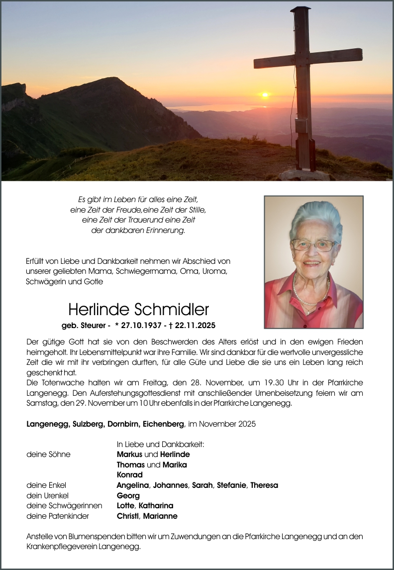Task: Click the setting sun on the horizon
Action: pos(265,95)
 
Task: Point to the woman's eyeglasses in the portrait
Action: pos(313,245)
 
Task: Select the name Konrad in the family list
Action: pos(129,474)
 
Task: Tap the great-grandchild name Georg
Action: pos(128,495)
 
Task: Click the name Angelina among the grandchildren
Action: pos(133,485)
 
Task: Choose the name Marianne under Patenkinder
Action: pos(160,516)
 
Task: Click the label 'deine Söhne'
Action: pos(48,454)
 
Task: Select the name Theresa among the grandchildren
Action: pos(264,485)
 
